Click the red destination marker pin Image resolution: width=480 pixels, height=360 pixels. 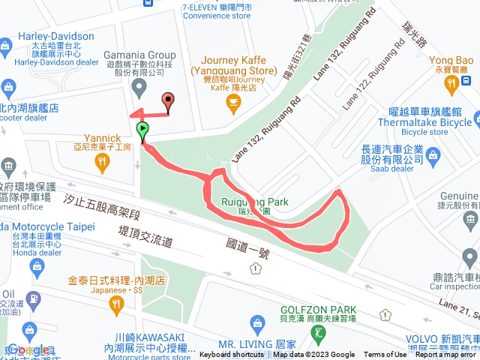[169, 101]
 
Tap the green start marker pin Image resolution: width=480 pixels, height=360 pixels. [143, 130]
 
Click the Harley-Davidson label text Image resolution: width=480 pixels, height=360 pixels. [54, 36]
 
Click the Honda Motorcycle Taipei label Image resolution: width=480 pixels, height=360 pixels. [47, 226]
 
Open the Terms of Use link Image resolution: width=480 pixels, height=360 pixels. [385, 355]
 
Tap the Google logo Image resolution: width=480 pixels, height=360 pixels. [28, 349]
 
